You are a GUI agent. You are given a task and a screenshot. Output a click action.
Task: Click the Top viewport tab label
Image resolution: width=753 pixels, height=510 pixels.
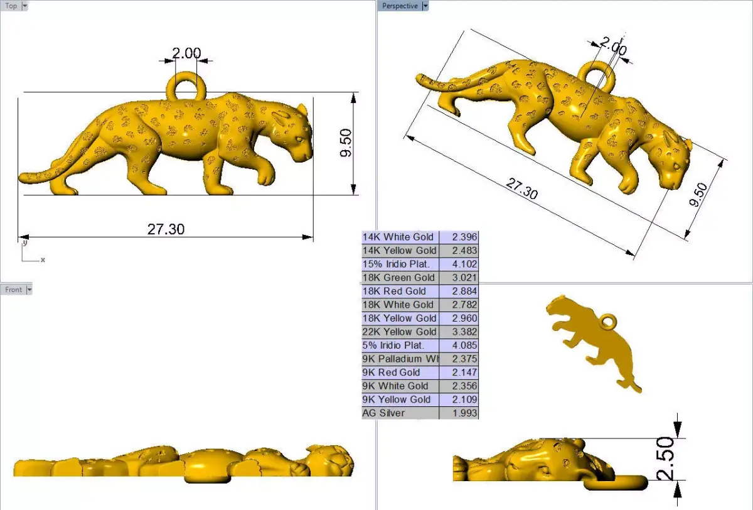click(x=11, y=6)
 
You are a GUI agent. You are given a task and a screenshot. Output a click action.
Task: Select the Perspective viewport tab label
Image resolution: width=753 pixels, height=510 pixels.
click(x=400, y=6)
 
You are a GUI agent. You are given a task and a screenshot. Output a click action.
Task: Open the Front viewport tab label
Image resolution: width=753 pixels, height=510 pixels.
click(x=13, y=290)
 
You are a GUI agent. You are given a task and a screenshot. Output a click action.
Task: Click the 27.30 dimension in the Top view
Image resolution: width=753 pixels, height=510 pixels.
click(x=166, y=229)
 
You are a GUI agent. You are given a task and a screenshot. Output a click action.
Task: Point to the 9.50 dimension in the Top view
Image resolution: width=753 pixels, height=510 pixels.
click(x=346, y=144)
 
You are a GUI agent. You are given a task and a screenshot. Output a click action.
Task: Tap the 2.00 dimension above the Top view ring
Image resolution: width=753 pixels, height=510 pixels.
click(x=186, y=53)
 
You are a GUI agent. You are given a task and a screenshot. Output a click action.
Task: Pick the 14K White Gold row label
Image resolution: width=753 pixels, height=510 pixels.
click(x=398, y=237)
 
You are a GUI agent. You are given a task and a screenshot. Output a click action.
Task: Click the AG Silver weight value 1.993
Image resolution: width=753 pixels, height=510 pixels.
click(x=465, y=413)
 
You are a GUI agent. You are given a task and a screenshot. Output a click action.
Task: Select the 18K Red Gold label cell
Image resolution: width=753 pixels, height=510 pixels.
click(x=395, y=291)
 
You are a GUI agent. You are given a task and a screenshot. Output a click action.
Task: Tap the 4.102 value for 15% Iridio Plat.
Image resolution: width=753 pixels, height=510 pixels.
click(x=465, y=264)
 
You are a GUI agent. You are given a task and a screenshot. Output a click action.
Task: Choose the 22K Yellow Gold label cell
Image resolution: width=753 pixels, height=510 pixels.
click(x=400, y=332)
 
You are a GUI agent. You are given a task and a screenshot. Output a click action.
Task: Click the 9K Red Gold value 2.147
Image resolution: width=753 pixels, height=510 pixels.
click(x=465, y=372)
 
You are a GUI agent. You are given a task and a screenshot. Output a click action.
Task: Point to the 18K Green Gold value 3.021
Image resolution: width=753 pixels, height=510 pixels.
click(x=465, y=278)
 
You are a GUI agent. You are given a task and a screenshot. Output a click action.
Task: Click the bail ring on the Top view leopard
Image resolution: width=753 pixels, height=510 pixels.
click(x=186, y=85)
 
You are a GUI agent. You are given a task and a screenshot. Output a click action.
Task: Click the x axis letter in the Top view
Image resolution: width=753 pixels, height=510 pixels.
click(x=43, y=259)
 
